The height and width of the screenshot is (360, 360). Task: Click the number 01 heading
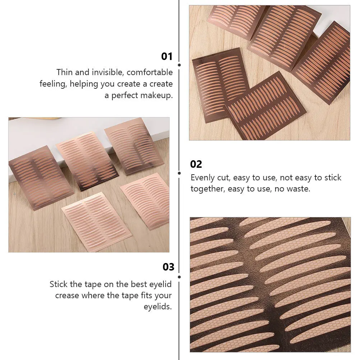point(167,56)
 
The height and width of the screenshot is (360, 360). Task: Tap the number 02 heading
point(196,164)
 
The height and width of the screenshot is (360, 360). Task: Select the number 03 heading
point(169,267)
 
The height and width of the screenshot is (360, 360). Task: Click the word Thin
point(64,72)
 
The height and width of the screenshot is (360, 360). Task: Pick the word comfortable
point(150,72)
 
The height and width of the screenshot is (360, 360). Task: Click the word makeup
point(158,96)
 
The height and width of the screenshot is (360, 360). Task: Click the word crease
point(67,296)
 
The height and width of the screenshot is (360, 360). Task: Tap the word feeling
point(53,84)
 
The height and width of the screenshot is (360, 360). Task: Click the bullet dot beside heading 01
point(179,65)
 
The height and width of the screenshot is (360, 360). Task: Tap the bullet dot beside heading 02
point(179,173)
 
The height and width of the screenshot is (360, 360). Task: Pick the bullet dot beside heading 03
point(179,276)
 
